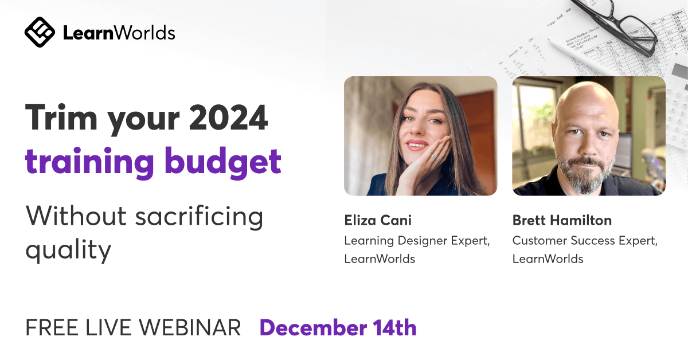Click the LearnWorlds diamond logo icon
click(40, 32)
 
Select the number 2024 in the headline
click(228, 118)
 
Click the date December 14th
click(338, 328)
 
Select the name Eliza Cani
click(378, 220)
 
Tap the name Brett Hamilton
click(562, 220)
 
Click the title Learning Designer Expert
click(417, 241)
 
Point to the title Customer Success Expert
click(585, 241)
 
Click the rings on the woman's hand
click(436, 158)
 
